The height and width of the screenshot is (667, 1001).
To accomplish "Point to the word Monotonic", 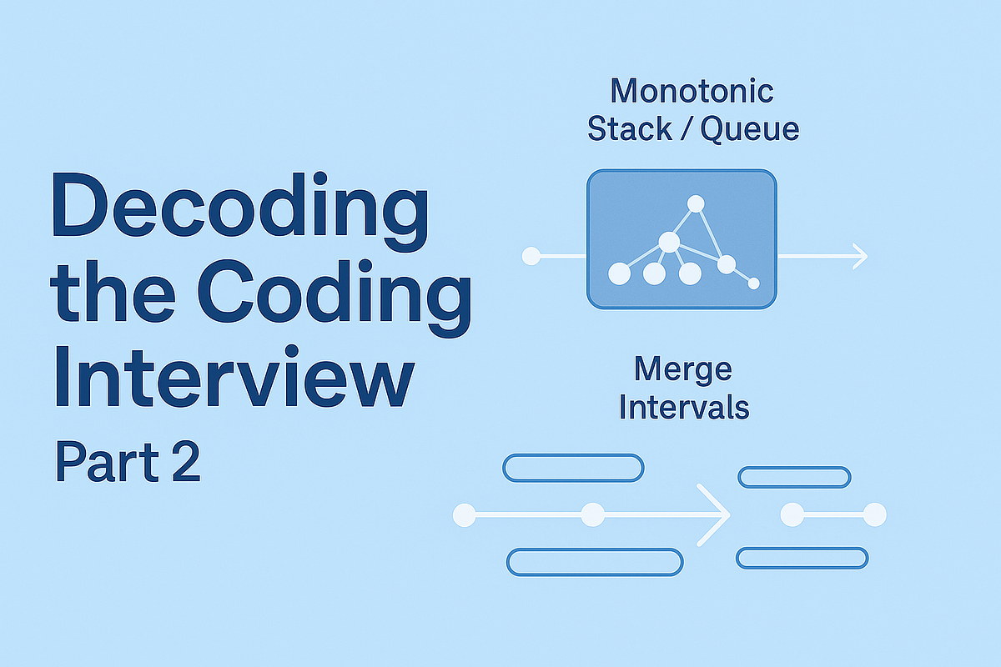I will tap(692, 91).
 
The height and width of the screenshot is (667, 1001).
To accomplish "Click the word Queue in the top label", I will tap(749, 129).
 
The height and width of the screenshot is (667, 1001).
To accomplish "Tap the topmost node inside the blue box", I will tap(695, 203).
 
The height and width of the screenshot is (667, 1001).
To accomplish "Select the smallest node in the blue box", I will tap(754, 283).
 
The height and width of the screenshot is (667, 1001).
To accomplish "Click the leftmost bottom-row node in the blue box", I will tap(619, 273).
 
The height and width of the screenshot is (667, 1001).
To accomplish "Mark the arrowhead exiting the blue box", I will tap(860, 256).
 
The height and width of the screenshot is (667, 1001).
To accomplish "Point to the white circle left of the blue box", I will tap(531, 256).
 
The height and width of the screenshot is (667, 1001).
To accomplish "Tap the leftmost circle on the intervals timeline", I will tap(464, 515).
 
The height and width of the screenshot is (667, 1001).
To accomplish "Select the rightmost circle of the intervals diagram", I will tap(874, 515).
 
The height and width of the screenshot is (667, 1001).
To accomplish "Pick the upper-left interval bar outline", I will tap(573, 468).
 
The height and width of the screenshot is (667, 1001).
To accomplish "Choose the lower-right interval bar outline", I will tap(802, 558).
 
